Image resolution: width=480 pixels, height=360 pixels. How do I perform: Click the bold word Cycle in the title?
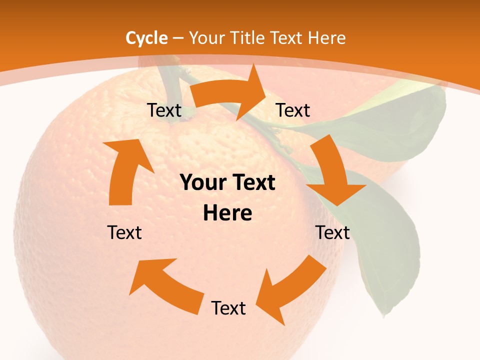pos(146,38)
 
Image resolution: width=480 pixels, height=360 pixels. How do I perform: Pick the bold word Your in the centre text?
pos(202,182)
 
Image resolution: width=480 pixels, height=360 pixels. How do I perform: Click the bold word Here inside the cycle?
pos(227,213)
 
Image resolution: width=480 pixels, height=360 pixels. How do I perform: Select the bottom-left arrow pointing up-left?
pos(165,282)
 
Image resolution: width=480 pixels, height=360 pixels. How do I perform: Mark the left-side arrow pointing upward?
pos(125,170)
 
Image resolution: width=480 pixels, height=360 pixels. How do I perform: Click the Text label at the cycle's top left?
pos(164,110)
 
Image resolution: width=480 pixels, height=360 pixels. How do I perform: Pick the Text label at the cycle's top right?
pos(293,110)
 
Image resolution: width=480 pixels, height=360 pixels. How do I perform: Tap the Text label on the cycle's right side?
pos(332,232)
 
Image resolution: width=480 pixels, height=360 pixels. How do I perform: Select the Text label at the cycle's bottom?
pos(228,308)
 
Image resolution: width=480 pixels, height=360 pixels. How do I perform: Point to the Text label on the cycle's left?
pos(124,232)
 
